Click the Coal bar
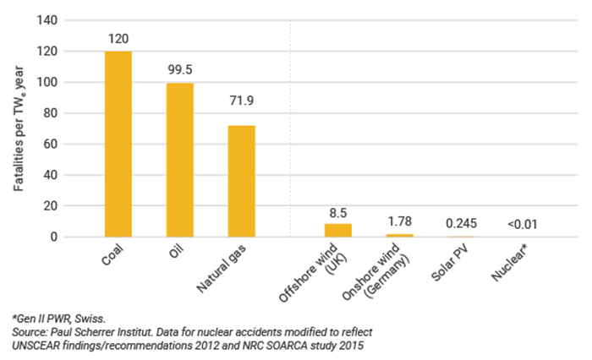point(118,144)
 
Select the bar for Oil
point(179,160)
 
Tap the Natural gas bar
point(241,181)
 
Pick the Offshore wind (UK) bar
point(337,230)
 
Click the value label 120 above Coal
point(118,39)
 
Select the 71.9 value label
point(241,101)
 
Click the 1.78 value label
point(399,221)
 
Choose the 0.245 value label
point(461,223)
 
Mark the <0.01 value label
point(522,224)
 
